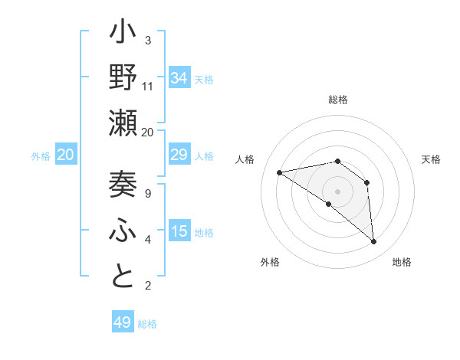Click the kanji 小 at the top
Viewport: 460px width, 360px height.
tap(123, 35)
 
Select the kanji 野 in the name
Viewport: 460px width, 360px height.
tap(123, 78)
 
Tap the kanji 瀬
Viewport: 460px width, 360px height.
tap(123, 123)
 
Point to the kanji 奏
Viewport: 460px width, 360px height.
tap(123, 185)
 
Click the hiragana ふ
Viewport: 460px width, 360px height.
tap(123, 231)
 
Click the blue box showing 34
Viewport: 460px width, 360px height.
tap(179, 77)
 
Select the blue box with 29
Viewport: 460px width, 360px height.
tap(179, 155)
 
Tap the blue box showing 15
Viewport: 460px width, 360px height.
tap(179, 231)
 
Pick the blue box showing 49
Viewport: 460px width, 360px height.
tap(122, 322)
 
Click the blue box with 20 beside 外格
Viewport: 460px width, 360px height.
tap(65, 155)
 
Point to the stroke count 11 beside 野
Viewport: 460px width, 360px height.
tap(148, 87)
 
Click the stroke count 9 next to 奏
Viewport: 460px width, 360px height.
tap(148, 194)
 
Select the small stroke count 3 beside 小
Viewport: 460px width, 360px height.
tap(148, 41)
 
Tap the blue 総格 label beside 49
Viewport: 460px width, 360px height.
tap(147, 324)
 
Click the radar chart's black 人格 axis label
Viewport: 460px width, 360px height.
tap(245, 159)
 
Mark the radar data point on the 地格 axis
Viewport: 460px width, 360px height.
tap(373, 242)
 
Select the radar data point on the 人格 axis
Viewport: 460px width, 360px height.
tap(280, 172)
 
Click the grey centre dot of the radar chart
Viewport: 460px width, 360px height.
tap(337, 191)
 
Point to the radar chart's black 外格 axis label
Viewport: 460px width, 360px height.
tap(269, 263)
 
